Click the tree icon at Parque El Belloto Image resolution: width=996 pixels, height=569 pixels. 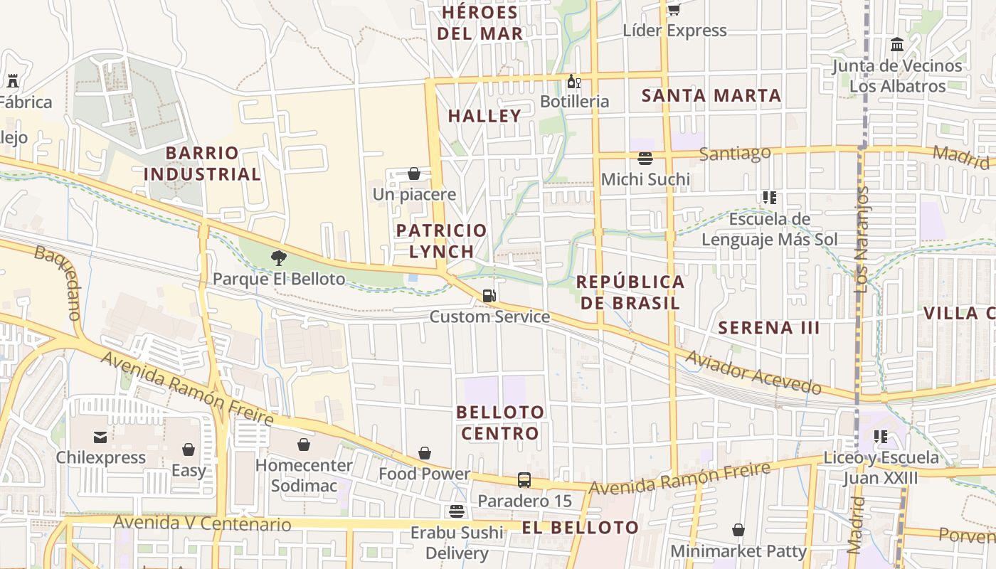coord(279,258)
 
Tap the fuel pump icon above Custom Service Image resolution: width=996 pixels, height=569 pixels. coord(489,296)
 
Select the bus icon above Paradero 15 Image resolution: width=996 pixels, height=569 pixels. coord(524,480)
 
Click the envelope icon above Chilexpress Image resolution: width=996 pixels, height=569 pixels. coord(100,437)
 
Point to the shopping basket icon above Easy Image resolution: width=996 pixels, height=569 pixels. coord(189,450)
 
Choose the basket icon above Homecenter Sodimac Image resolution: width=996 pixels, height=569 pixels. coord(304,445)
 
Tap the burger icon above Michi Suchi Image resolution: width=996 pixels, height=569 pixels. coord(645,158)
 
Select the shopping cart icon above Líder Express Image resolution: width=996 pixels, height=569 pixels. coord(674,9)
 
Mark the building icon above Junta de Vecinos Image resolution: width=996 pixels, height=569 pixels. coord(897,45)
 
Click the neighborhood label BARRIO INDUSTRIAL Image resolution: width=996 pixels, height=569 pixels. coord(203,164)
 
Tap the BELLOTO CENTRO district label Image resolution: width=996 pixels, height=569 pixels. coord(500,422)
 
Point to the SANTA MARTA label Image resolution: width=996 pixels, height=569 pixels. coord(711,95)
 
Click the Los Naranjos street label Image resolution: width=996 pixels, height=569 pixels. coord(862,240)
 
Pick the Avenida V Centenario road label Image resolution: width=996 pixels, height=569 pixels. coord(202,524)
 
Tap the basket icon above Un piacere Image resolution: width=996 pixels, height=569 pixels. coord(414,174)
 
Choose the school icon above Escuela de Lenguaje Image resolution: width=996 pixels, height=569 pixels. coord(769,198)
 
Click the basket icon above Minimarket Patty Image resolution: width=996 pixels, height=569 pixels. coord(738,530)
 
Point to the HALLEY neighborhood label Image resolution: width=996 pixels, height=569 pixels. coord(484,116)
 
